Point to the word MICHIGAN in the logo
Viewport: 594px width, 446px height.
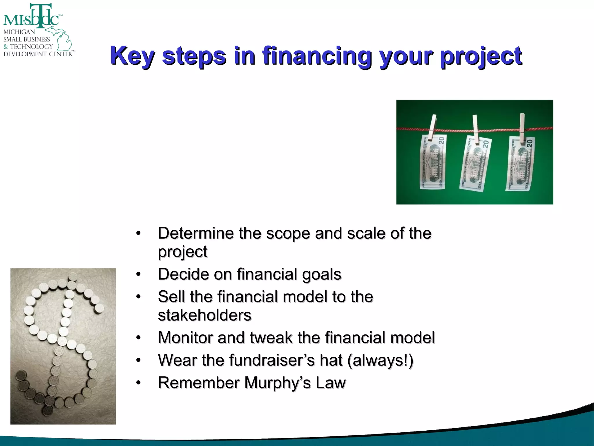19,32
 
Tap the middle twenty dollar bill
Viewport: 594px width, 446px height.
475,164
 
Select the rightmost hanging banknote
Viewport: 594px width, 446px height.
521,164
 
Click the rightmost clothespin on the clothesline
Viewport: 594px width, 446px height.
522,128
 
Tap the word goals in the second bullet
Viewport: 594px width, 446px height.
322,274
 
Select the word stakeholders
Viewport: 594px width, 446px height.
204,315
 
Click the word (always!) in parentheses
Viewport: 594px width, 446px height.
380,360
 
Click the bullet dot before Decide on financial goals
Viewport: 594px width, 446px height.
139,274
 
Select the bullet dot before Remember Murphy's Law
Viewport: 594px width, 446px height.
139,383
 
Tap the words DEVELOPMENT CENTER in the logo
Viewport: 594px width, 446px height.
38,54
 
